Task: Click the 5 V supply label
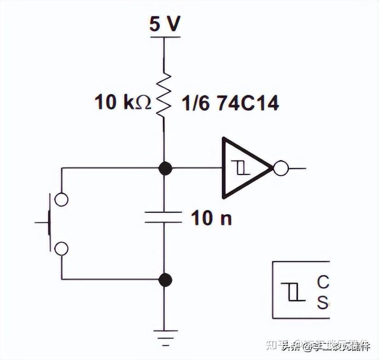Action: [x=164, y=23]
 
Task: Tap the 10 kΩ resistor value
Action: [x=123, y=102]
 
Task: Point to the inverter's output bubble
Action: [x=281, y=168]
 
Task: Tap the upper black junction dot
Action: [x=165, y=168]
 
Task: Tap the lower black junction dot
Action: [x=165, y=279]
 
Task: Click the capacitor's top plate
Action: [x=163, y=213]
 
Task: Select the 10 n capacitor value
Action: [x=211, y=218]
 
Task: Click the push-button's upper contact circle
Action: [x=61, y=199]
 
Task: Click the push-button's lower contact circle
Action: [x=61, y=249]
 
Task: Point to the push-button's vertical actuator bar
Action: [x=49, y=223]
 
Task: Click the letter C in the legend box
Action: [x=323, y=282]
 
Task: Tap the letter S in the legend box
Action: [x=323, y=302]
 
